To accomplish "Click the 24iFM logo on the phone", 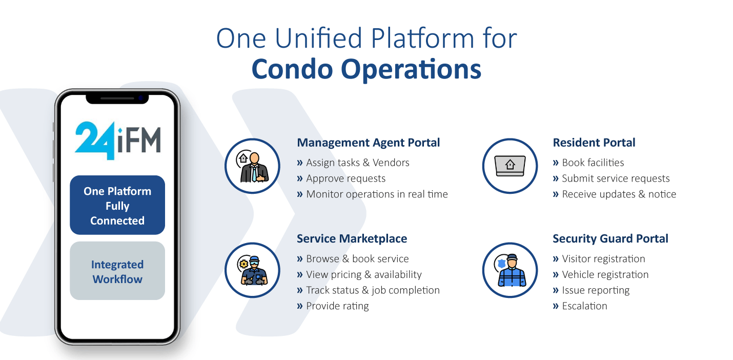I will pyautogui.click(x=117, y=140).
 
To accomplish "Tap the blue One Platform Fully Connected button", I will pyautogui.click(x=117, y=206).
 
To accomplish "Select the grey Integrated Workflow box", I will pyautogui.click(x=117, y=271).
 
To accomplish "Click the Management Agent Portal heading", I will pyautogui.click(x=368, y=143).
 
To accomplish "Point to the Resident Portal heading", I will pyautogui.click(x=594, y=143).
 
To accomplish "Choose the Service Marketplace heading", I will pyautogui.click(x=352, y=238).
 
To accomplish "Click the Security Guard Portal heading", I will pyautogui.click(x=610, y=238).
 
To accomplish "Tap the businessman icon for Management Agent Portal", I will pyautogui.click(x=253, y=166).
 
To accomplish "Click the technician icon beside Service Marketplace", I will pyautogui.click(x=253, y=270).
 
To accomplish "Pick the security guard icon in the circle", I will pyautogui.click(x=510, y=270).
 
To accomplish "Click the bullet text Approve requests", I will pyautogui.click(x=345, y=178).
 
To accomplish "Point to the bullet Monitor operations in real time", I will pyautogui.click(x=377, y=194).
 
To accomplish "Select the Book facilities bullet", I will pyautogui.click(x=593, y=163).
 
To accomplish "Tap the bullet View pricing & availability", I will pyautogui.click(x=363, y=274).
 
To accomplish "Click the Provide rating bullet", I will pyautogui.click(x=337, y=306).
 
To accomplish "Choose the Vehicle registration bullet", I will pyautogui.click(x=605, y=274).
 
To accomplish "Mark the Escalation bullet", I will pyautogui.click(x=584, y=306).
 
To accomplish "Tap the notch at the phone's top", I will pyautogui.click(x=117, y=97).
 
